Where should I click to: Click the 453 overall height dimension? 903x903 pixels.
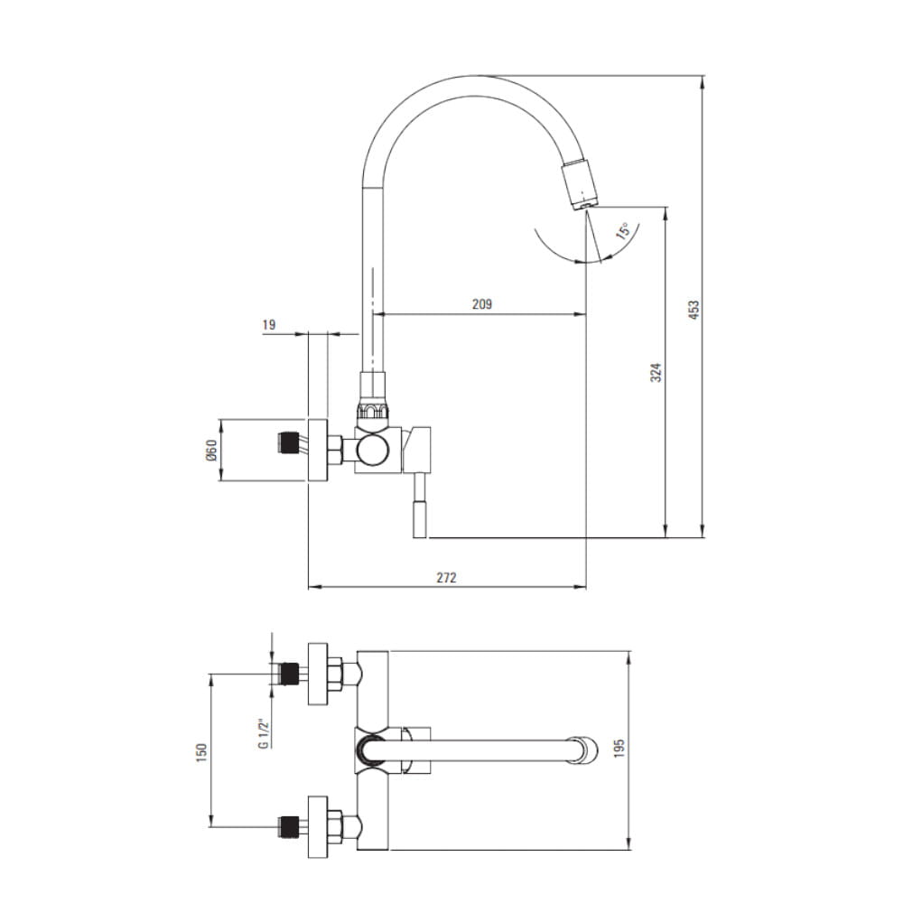click(694, 310)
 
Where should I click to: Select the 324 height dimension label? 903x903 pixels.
click(656, 373)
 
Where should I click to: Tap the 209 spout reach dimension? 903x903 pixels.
click(482, 304)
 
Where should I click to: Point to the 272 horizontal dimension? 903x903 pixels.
click(446, 577)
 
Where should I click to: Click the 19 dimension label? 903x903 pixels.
click(269, 325)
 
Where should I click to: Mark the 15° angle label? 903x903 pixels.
click(624, 230)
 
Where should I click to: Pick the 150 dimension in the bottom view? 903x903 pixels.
click(200, 753)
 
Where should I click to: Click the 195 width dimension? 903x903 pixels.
click(619, 748)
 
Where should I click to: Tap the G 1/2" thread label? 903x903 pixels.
click(263, 733)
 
